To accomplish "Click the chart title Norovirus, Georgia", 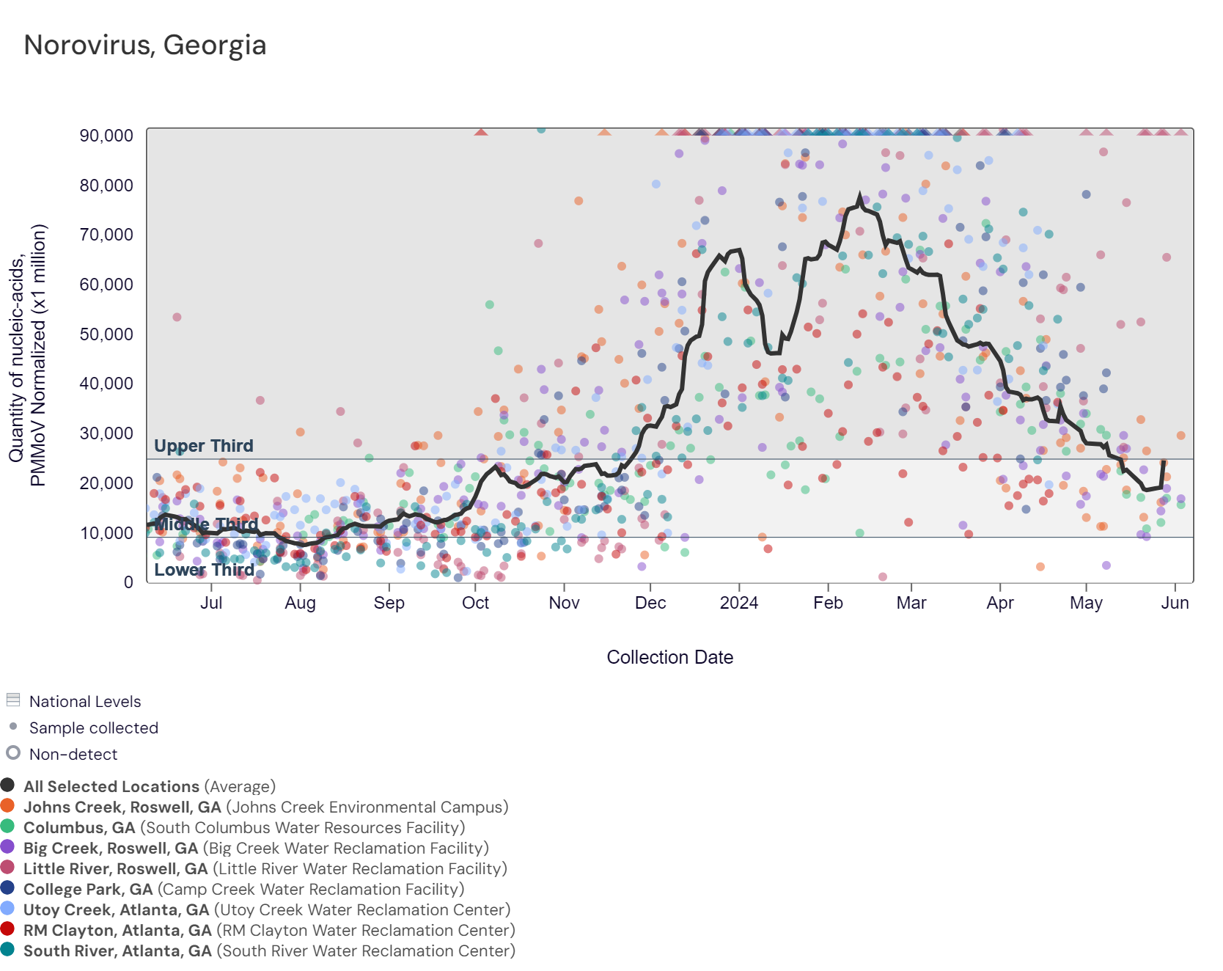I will (145, 45).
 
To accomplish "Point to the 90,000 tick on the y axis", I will (107, 136).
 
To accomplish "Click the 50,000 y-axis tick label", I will (107, 334).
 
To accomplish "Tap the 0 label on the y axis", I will (128, 582).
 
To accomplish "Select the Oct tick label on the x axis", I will (475, 603).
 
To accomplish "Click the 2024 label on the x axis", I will (739, 603).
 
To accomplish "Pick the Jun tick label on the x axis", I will (1175, 603).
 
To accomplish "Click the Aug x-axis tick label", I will (300, 603).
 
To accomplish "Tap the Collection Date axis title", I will (669, 657).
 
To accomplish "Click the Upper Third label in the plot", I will (204, 446).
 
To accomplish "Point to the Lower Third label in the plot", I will (204, 570).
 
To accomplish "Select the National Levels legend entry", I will (85, 702).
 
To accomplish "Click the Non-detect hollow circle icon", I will (13, 753).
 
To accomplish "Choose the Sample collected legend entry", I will (94, 728).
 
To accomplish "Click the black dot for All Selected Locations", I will (8, 785).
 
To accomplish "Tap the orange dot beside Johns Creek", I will (8, 806).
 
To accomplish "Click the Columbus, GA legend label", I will (79, 828).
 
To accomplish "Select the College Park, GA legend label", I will (88, 890).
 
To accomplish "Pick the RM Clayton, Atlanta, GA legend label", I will (117, 931).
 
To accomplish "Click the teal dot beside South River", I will (8, 950).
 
